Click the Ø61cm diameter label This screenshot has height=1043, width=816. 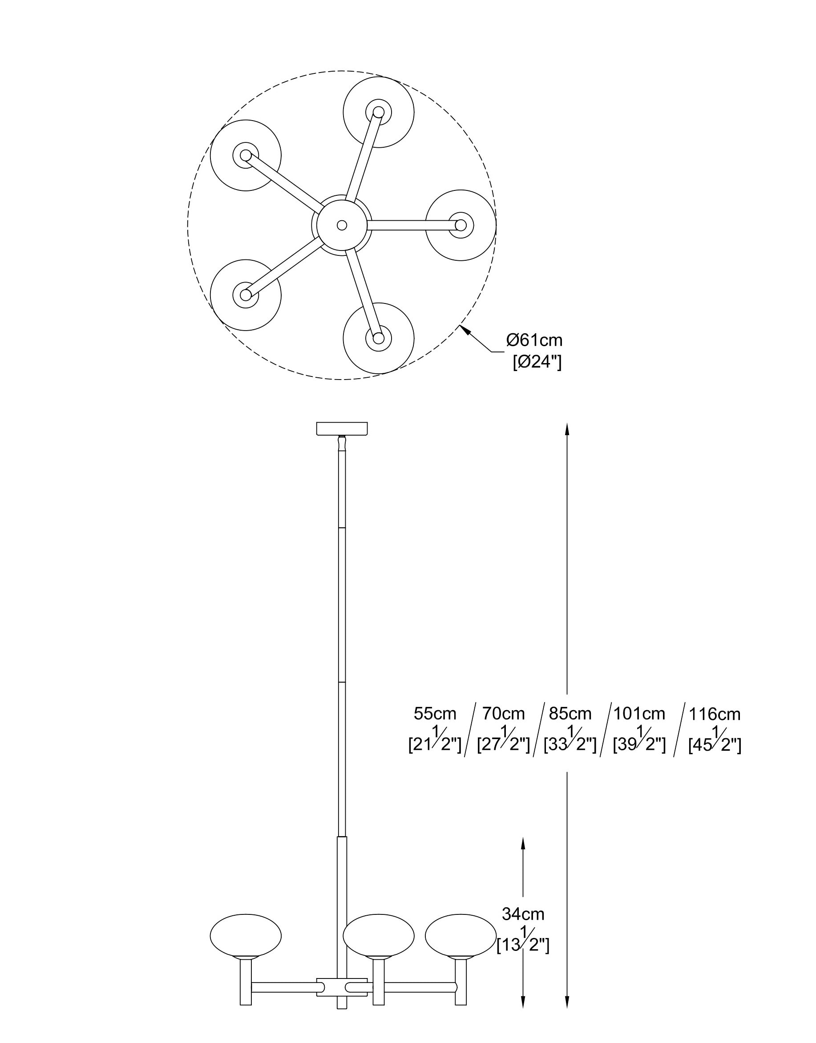pyautogui.click(x=534, y=341)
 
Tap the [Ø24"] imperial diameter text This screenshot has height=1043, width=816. pyautogui.click(x=537, y=363)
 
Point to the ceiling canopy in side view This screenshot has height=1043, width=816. pyautogui.click(x=342, y=429)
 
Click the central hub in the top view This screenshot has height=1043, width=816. pyautogui.click(x=342, y=225)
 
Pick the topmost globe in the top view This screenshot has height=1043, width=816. pyautogui.click(x=378, y=112)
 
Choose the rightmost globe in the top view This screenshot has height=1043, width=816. pyautogui.click(x=461, y=225)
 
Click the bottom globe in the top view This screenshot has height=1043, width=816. pyautogui.click(x=378, y=338)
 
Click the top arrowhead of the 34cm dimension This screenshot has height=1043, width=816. pyautogui.click(x=523, y=843)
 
